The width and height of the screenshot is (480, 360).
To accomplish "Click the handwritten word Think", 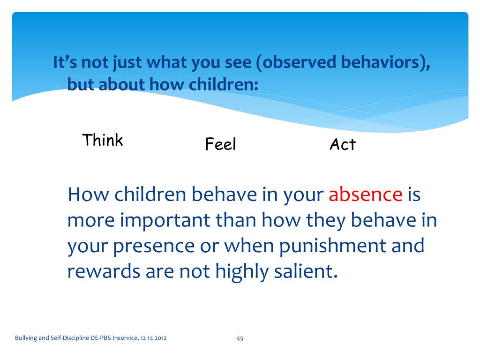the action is pos(103,140).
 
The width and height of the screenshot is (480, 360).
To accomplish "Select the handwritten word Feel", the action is pos(220,144).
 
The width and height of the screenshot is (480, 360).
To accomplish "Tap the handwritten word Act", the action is pos(343,144).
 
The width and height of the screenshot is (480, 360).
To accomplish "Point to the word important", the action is pos(165,220).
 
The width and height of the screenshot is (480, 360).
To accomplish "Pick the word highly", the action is pos(242,272).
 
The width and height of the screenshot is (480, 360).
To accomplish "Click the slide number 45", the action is pos(240,338).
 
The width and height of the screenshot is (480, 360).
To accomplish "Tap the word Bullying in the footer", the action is pos(26,338).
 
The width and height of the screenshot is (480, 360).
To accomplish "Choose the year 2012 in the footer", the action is pos(160,338).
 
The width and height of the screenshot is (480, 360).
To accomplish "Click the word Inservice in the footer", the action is pos(125,337).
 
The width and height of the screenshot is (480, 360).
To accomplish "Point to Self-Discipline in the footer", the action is pos(70,338).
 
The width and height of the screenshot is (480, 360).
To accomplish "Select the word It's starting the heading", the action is pos(65,62).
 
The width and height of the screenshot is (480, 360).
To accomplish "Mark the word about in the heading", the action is pos(122,84).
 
